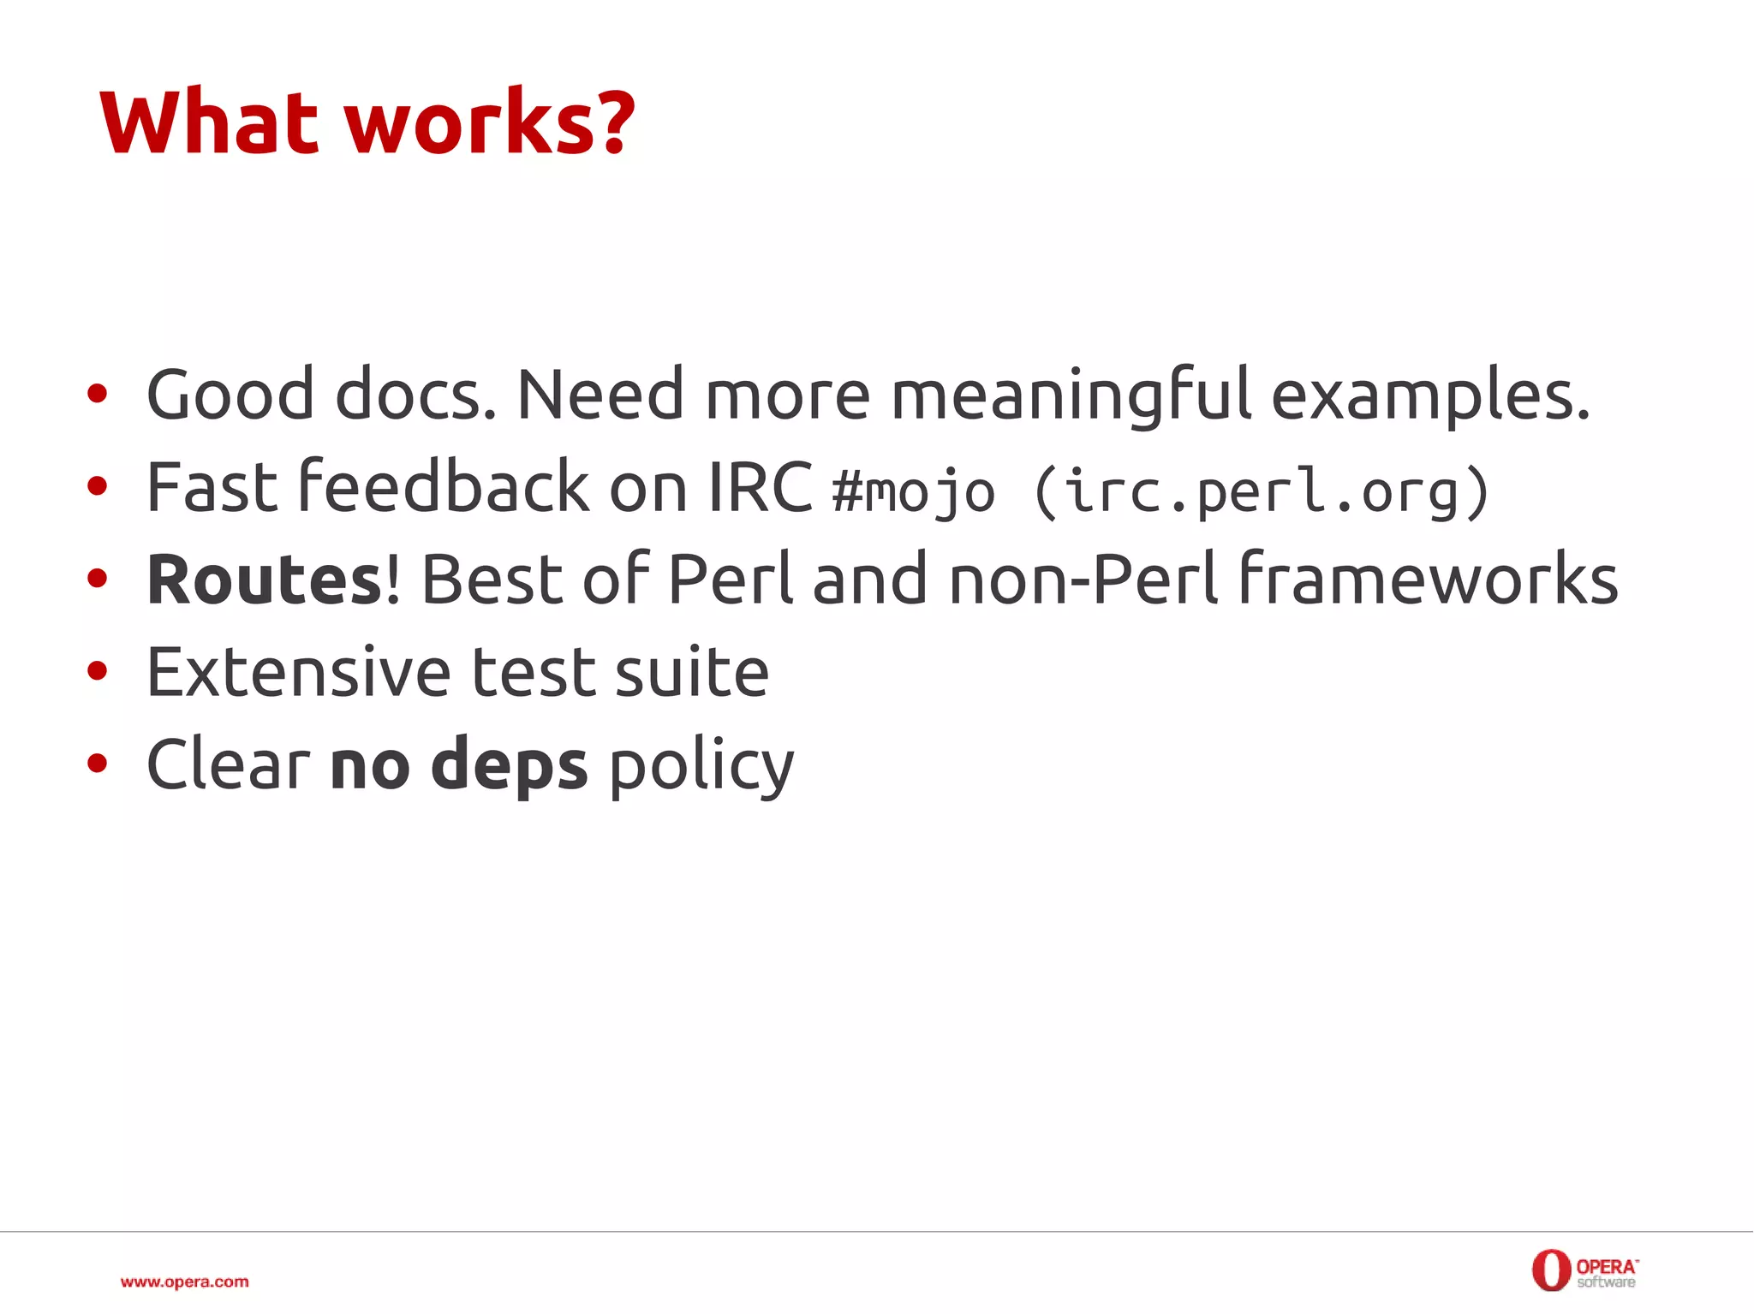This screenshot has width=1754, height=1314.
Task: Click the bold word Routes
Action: pos(265,580)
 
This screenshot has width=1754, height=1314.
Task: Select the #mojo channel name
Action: pos(913,492)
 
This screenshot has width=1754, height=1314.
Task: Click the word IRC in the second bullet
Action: pos(761,488)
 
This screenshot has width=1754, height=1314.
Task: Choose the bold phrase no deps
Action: pos(459,764)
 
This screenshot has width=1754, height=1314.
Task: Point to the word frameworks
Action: pos(1429,580)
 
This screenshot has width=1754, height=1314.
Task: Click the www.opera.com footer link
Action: pos(185,1281)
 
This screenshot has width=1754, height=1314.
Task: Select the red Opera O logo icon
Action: pos(1550,1270)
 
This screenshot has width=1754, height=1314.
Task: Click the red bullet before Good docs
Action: pos(98,395)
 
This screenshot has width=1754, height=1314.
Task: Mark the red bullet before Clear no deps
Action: pos(98,763)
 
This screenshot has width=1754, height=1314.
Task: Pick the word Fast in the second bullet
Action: pos(212,488)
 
